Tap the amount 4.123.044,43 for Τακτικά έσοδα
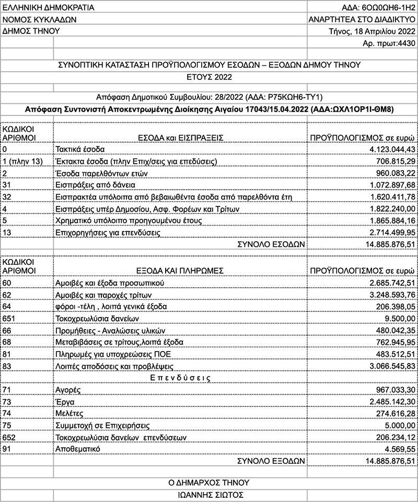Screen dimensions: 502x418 pyautogui.click(x=389, y=148)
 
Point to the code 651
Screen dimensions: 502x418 pyautogui.click(x=9, y=318)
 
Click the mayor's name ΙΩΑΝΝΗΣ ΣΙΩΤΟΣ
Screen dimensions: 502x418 pyautogui.click(x=208, y=494)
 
